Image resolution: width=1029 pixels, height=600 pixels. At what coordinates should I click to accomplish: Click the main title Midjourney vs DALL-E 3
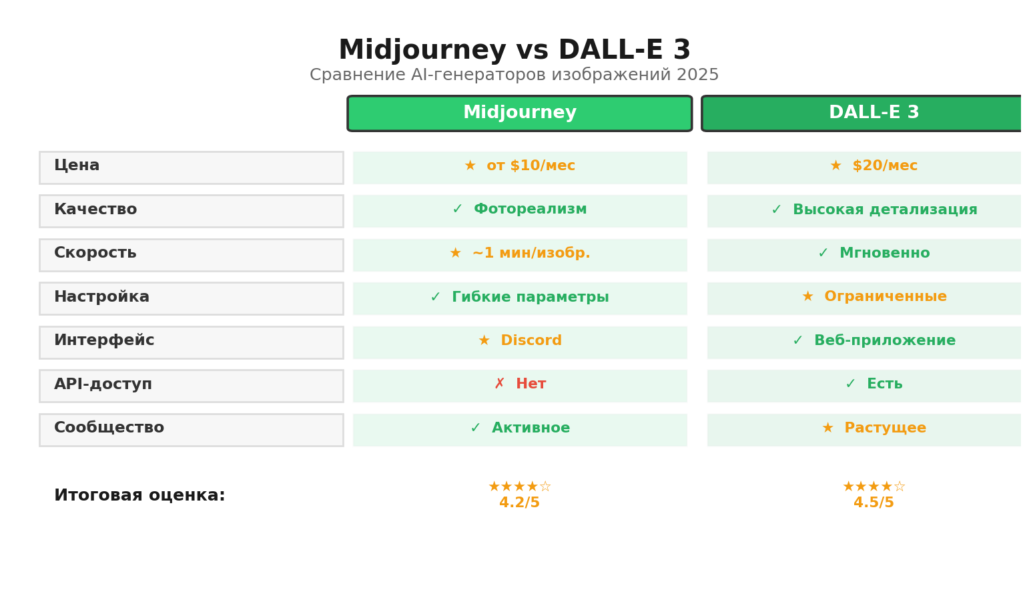(x=514, y=51)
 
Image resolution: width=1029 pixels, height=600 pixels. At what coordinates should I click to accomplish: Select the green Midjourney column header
(x=519, y=113)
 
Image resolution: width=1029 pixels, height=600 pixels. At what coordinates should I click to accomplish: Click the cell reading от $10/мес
(x=520, y=167)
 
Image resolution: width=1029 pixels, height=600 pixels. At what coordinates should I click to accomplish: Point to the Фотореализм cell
(x=520, y=210)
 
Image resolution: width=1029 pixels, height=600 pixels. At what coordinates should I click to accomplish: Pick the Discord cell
(x=520, y=342)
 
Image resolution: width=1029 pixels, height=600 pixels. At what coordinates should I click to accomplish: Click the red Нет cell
(x=520, y=385)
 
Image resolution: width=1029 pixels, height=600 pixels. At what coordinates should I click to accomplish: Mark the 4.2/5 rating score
(x=519, y=503)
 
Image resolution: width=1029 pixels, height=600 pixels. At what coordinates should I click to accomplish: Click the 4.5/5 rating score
(x=873, y=503)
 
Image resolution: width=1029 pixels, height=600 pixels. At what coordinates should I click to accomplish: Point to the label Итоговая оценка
(x=139, y=496)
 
